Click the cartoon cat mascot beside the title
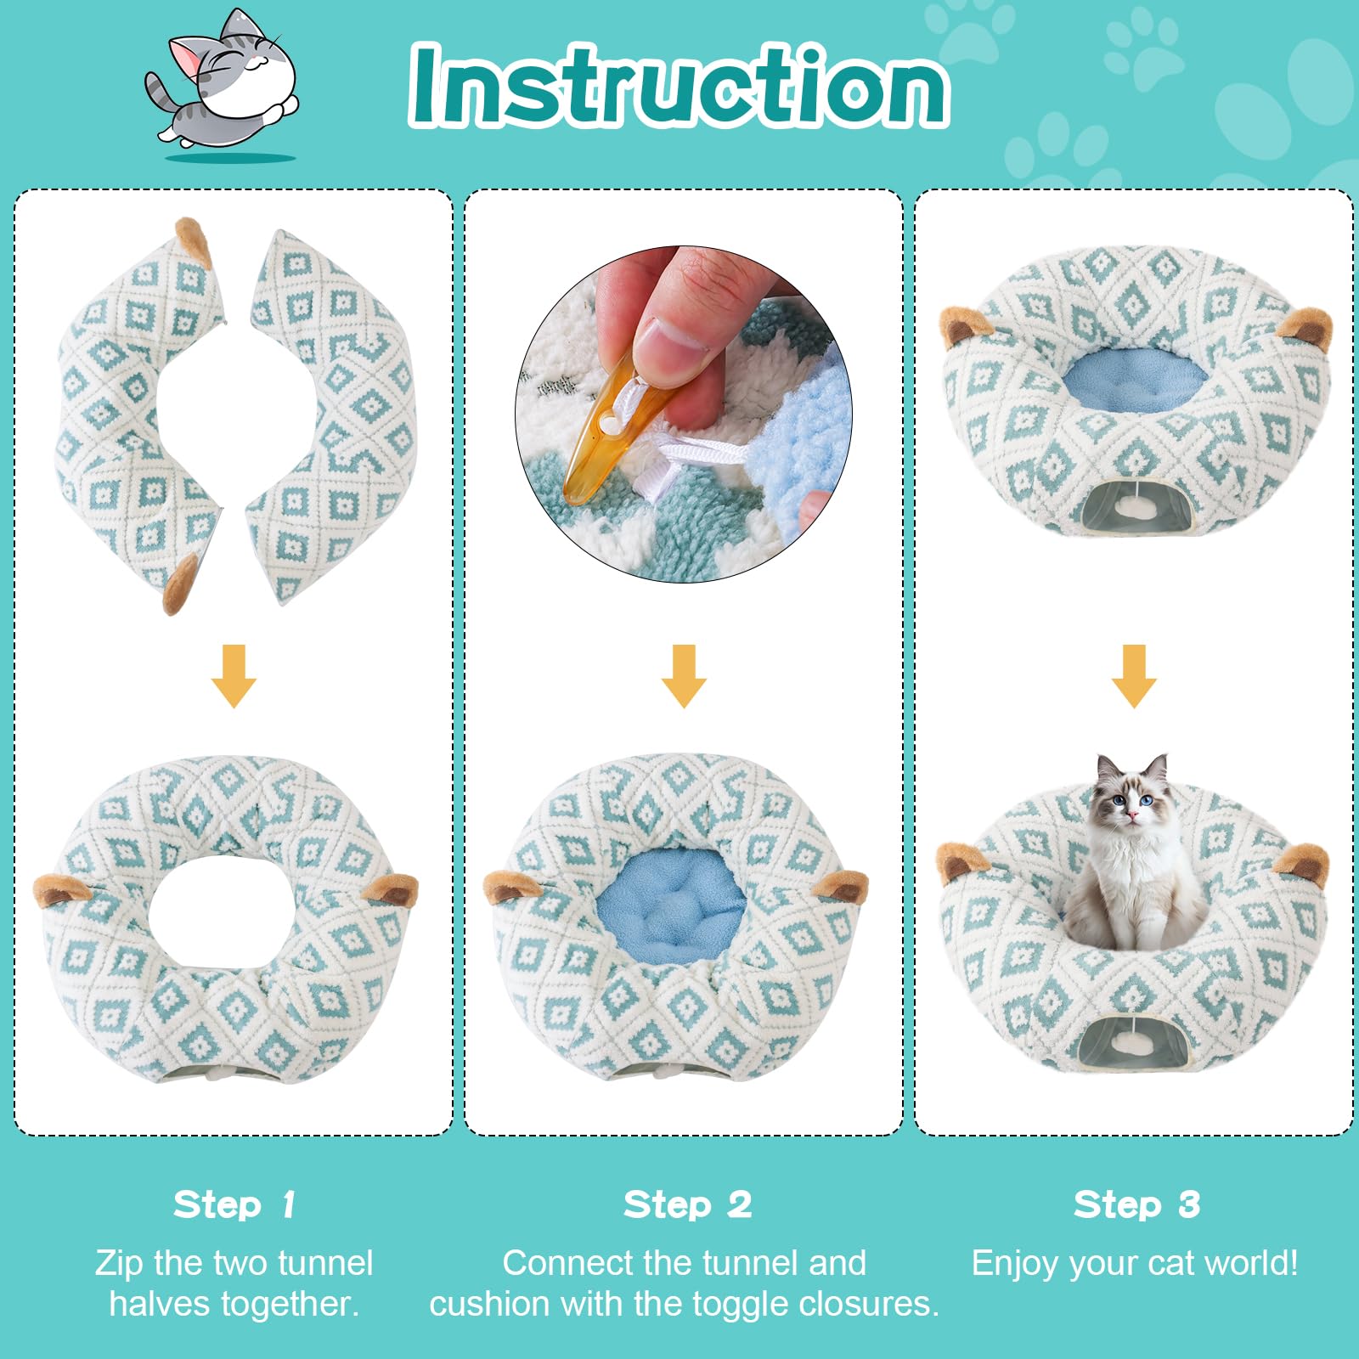coord(223,85)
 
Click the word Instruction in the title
coord(679,86)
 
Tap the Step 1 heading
coord(234,1204)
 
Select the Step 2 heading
coord(687,1204)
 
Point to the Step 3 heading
coord(1136,1204)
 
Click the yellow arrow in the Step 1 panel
coord(234,676)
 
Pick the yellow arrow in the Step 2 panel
coord(684,676)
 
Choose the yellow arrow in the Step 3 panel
coord(1134,676)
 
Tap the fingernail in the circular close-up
coord(671,340)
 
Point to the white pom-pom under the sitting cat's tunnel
coord(1127,1042)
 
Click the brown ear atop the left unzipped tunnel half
coord(194,241)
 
